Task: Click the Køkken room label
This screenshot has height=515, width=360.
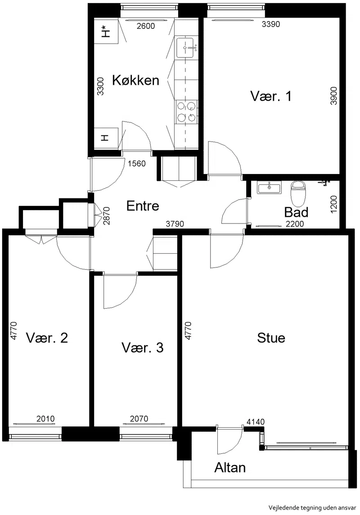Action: point(135,80)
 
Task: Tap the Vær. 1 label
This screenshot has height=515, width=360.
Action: point(270,96)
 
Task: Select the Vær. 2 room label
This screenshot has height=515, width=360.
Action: point(47,338)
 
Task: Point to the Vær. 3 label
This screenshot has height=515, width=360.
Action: point(143,348)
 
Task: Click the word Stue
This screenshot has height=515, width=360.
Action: point(271,338)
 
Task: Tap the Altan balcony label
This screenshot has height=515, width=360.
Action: point(230,467)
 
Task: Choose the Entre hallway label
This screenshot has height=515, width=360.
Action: point(143,206)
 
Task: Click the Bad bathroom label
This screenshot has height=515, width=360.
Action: point(296,212)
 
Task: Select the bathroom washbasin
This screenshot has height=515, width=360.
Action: point(269,188)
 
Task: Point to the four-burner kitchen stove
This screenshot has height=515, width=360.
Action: point(186,112)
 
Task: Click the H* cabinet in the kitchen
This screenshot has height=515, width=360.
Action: point(106,31)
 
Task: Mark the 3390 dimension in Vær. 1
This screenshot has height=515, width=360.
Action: point(270,24)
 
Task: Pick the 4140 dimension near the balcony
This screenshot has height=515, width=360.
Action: point(256,422)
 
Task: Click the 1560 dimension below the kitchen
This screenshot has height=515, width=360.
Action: point(136,164)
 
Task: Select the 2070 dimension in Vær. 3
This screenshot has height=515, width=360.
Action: point(139,419)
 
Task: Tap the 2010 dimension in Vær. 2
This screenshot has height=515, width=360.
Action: point(45,419)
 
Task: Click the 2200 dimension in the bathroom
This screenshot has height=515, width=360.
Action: point(295,224)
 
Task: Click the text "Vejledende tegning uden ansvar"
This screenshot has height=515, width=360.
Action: point(312,508)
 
